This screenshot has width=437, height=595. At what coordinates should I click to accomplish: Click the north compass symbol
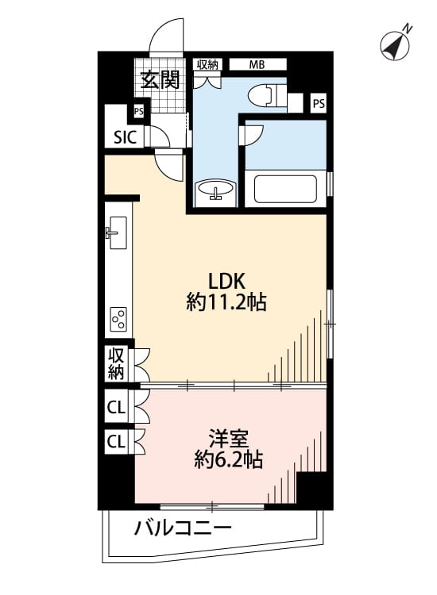coord(395,45)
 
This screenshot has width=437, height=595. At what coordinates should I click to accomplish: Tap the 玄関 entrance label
coord(160,79)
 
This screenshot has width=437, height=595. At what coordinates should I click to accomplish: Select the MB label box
coord(257,64)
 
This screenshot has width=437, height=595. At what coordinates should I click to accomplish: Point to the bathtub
coord(285,189)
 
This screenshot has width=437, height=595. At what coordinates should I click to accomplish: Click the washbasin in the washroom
coord(216,189)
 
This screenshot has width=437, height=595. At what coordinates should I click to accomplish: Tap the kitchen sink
coord(117,232)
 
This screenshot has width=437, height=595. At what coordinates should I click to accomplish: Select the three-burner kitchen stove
coord(119,320)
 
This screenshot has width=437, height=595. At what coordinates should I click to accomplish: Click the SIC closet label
coord(125,137)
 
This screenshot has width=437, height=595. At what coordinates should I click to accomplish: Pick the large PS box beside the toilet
coord(319,103)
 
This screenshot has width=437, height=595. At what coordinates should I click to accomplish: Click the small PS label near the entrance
coord(139,112)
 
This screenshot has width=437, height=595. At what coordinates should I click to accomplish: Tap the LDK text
coord(226,281)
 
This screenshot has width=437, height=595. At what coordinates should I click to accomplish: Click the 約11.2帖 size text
coord(226,303)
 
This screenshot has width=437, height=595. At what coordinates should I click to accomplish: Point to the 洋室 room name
coord(228,439)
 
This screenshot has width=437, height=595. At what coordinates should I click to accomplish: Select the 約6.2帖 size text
coord(228,460)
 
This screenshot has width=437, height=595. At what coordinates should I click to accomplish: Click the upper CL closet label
coord(116,408)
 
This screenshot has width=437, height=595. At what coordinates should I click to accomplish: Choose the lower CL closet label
coord(116,442)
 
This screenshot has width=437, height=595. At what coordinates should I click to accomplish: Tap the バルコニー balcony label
coord(183,528)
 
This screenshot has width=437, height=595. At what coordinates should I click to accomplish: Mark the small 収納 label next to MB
coord(207,64)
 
